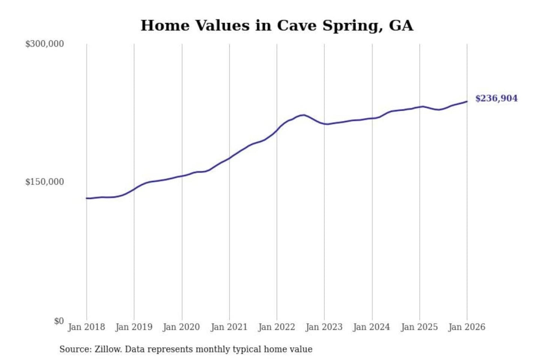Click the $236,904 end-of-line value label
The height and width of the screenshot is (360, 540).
[x=496, y=98]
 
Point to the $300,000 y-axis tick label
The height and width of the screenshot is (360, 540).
[x=44, y=44]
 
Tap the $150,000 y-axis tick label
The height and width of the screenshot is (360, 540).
[x=44, y=182]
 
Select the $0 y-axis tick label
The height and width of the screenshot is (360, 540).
[x=59, y=321]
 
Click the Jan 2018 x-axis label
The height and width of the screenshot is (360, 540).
[x=86, y=327]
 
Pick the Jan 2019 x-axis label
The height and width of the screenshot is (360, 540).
[x=134, y=327]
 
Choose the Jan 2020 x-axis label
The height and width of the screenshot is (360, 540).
[x=181, y=327]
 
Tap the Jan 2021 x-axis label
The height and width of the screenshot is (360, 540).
[x=229, y=327]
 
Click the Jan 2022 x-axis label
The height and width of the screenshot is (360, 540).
[x=277, y=327]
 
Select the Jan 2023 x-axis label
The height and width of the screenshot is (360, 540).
[x=324, y=327]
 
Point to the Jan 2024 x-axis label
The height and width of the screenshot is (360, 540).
[x=372, y=327]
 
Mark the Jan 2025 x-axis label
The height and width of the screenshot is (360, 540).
[x=419, y=327]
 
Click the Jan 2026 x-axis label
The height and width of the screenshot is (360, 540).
[x=467, y=327]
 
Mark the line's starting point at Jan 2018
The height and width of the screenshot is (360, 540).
[x=87, y=198]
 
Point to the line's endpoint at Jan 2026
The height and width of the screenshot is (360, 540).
[x=467, y=101]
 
